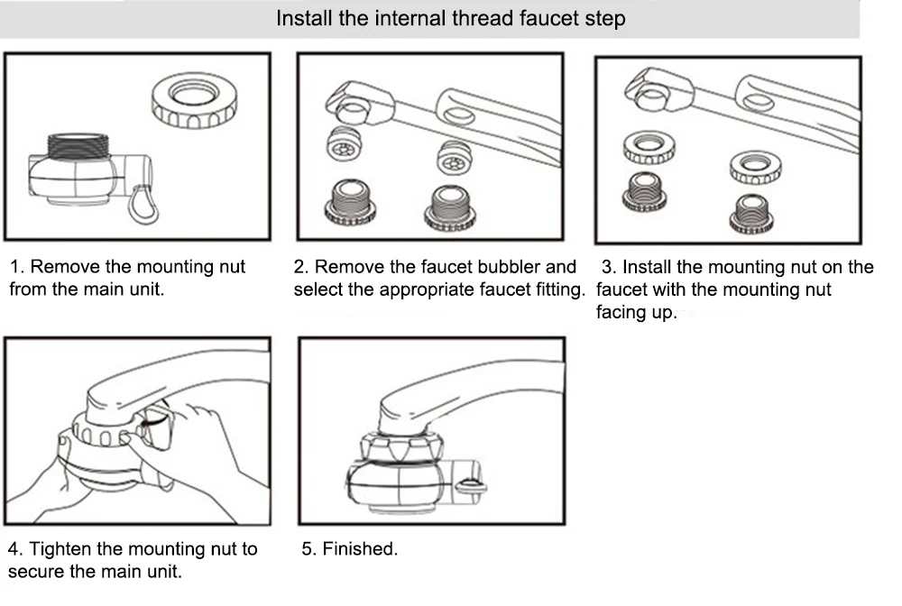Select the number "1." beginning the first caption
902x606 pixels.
click(x=17, y=267)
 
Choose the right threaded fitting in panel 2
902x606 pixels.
click(x=449, y=207)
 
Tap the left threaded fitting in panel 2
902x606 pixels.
click(x=349, y=204)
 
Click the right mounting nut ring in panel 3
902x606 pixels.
click(x=755, y=165)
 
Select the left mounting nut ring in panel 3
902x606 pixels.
click(x=648, y=147)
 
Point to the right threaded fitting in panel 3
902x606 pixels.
click(x=755, y=213)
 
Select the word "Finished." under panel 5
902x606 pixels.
click(x=360, y=549)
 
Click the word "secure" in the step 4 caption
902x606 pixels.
click(x=37, y=572)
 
